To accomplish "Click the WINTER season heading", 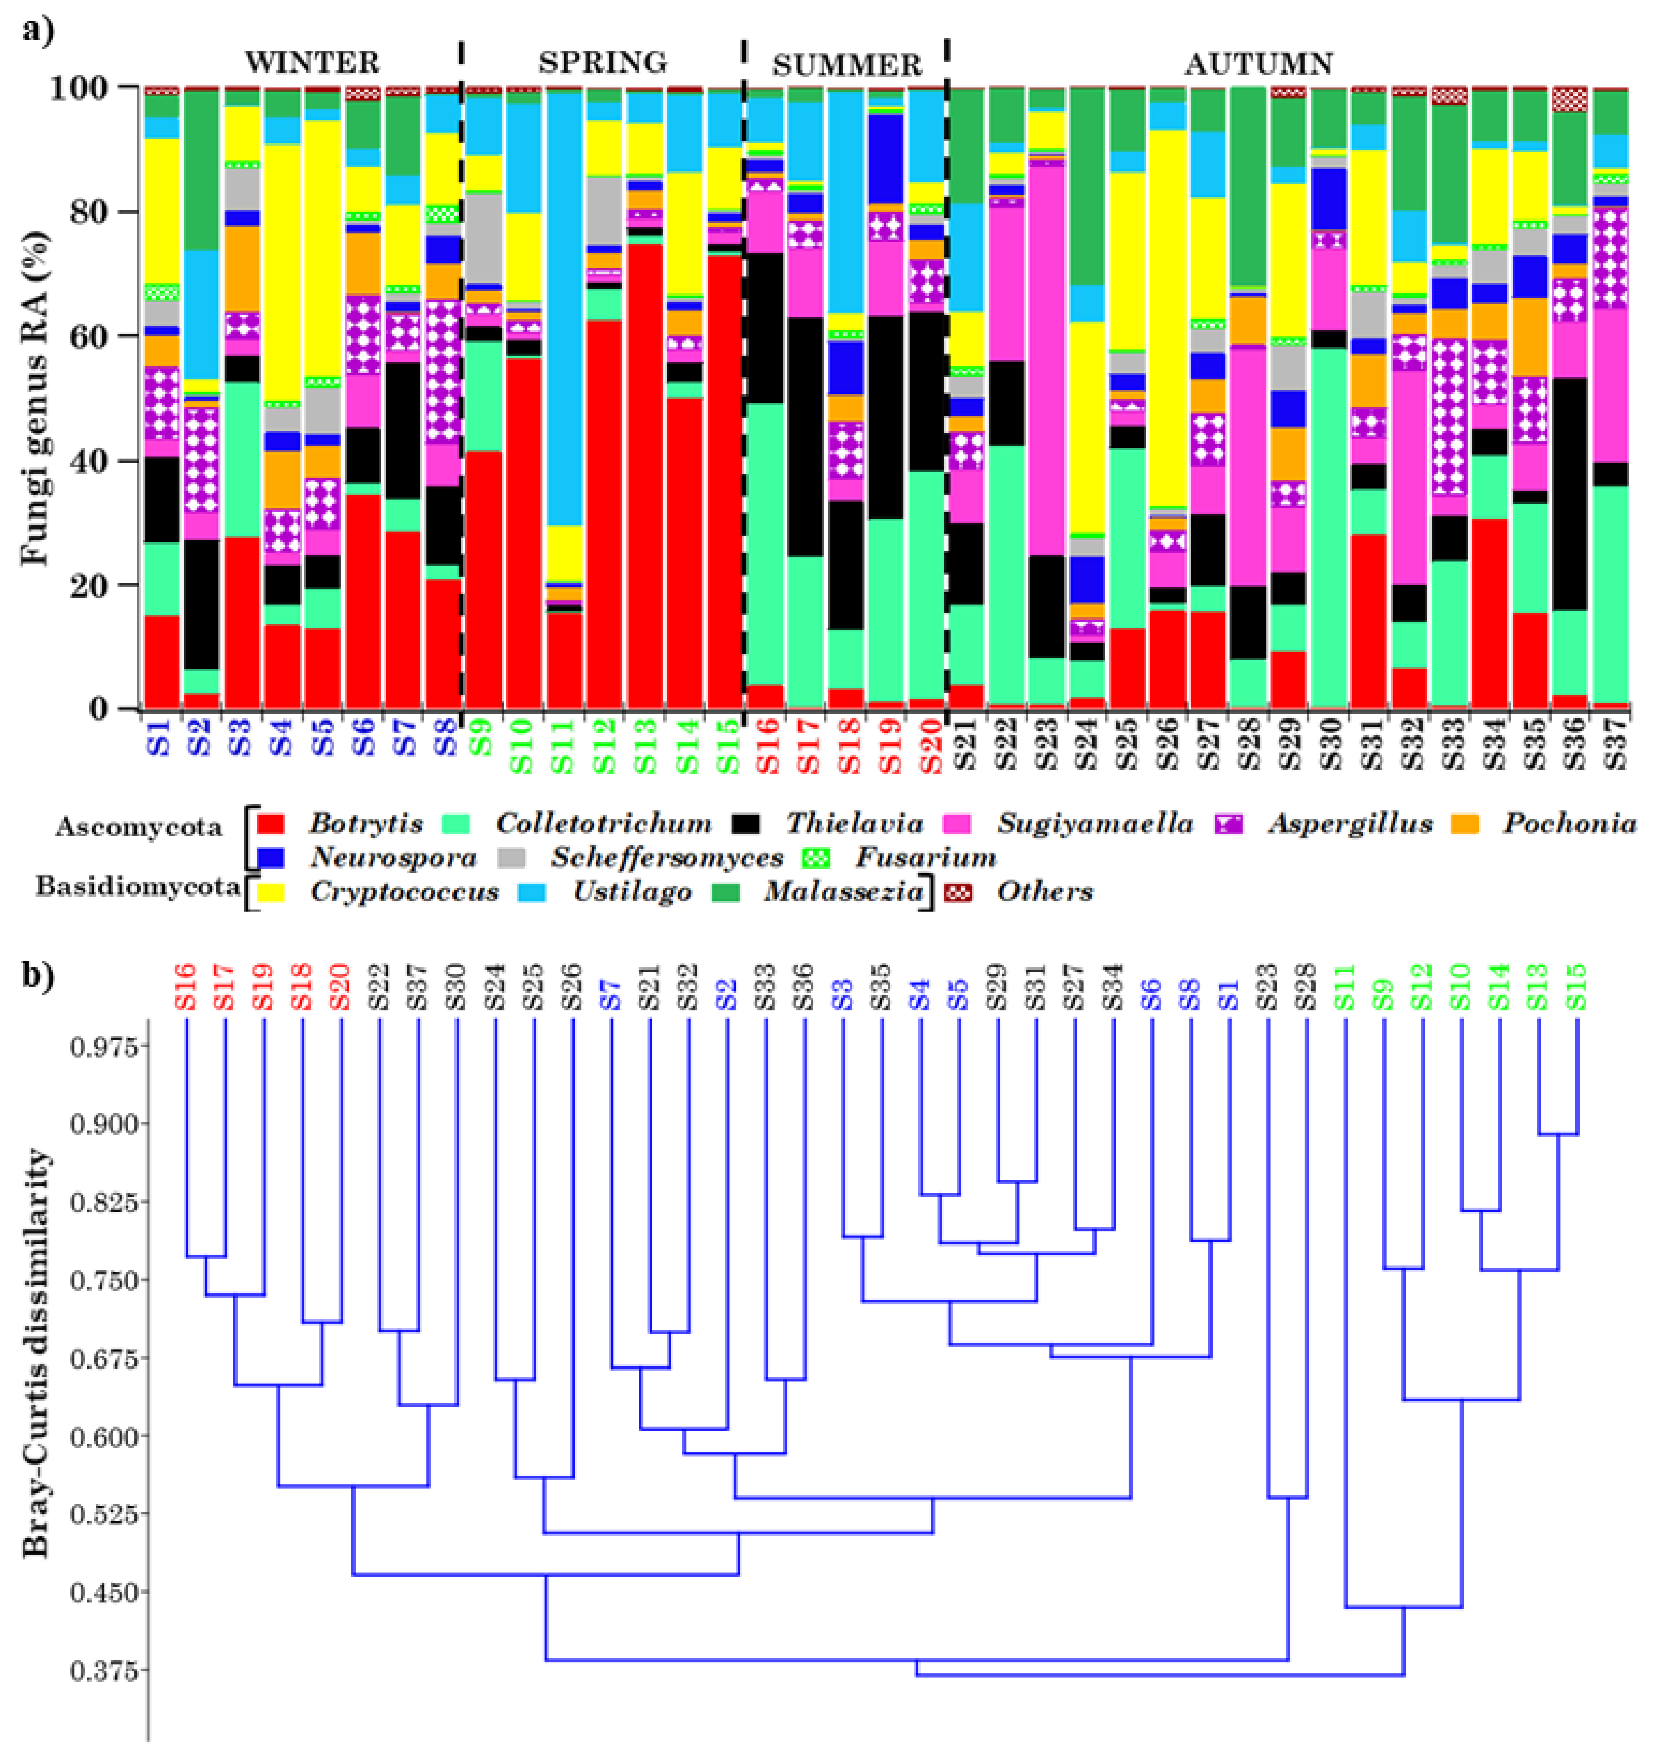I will pos(313,63).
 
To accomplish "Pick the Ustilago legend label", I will pos(632,892).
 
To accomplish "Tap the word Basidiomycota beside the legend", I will pos(138,887).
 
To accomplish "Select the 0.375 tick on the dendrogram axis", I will pos(104,1671).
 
